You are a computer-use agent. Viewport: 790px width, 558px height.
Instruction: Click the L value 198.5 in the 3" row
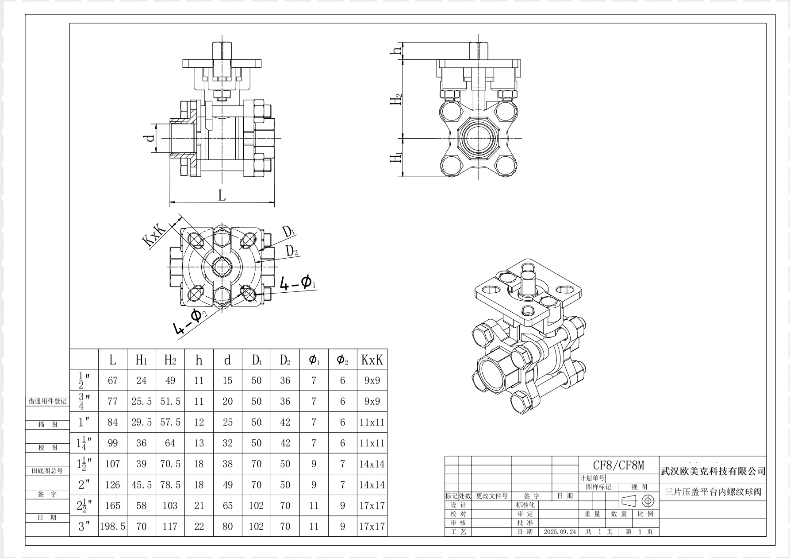113,527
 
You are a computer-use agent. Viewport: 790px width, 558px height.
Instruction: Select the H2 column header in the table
170,360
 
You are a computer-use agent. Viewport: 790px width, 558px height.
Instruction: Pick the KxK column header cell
372,360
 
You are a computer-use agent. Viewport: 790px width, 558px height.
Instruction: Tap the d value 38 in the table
227,464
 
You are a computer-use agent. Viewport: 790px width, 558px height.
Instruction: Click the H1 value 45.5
142,485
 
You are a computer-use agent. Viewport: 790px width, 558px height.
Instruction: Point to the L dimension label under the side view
222,195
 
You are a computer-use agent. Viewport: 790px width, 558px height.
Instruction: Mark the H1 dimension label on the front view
396,158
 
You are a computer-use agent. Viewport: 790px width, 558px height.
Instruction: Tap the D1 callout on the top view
289,231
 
